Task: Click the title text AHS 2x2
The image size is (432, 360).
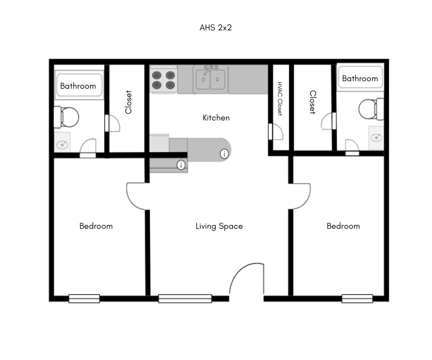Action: (x=215, y=28)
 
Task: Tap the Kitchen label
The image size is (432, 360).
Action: (x=216, y=118)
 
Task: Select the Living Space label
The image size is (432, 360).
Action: (x=219, y=226)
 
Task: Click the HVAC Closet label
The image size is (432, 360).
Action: (x=280, y=99)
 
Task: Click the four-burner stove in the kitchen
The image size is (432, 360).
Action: (x=163, y=79)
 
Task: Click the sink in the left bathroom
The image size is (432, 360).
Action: (x=62, y=144)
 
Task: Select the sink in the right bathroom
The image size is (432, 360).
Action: (x=376, y=137)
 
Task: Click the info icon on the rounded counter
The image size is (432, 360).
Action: (x=224, y=153)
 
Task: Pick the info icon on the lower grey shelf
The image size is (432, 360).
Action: (x=181, y=165)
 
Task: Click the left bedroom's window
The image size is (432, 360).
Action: (x=84, y=298)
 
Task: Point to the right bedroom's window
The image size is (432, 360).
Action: (x=357, y=298)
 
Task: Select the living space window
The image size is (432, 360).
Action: (x=185, y=298)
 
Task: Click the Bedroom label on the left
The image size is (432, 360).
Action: (x=96, y=226)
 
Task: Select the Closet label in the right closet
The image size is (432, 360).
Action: (x=312, y=102)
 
